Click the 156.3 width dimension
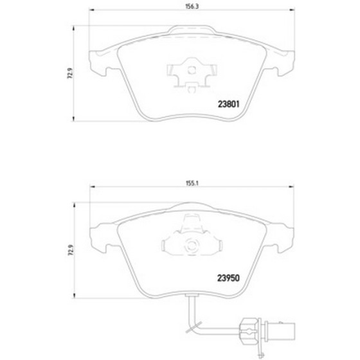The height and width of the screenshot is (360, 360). point(192,6)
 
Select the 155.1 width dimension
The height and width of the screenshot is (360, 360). point(192,183)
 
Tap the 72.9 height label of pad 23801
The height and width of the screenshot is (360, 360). point(70,73)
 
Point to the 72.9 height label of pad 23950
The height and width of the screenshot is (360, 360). point(71,250)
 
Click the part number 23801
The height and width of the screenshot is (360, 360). point(228,104)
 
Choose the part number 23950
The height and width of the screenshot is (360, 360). point(228,278)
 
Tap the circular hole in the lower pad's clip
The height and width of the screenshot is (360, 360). point(192,245)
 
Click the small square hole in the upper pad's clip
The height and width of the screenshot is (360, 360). point(192,70)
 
